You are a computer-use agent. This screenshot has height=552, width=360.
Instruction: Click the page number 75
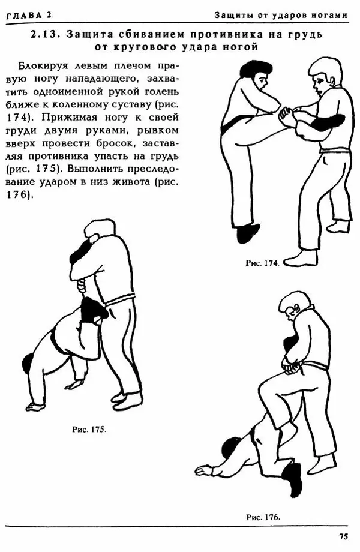coord(343,536)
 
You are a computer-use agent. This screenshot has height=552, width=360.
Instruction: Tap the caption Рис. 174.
coord(263,263)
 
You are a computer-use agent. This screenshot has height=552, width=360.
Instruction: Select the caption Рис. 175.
coord(89,429)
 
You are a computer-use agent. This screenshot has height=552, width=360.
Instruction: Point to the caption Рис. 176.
coord(263,517)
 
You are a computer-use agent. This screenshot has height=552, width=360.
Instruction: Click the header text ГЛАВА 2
coord(29,15)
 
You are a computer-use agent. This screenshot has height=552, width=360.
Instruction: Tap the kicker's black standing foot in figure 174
coord(248,233)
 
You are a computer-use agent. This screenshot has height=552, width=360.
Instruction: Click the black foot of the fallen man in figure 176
coord(293,479)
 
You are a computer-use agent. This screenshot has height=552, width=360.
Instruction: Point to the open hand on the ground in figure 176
coord(203,471)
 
